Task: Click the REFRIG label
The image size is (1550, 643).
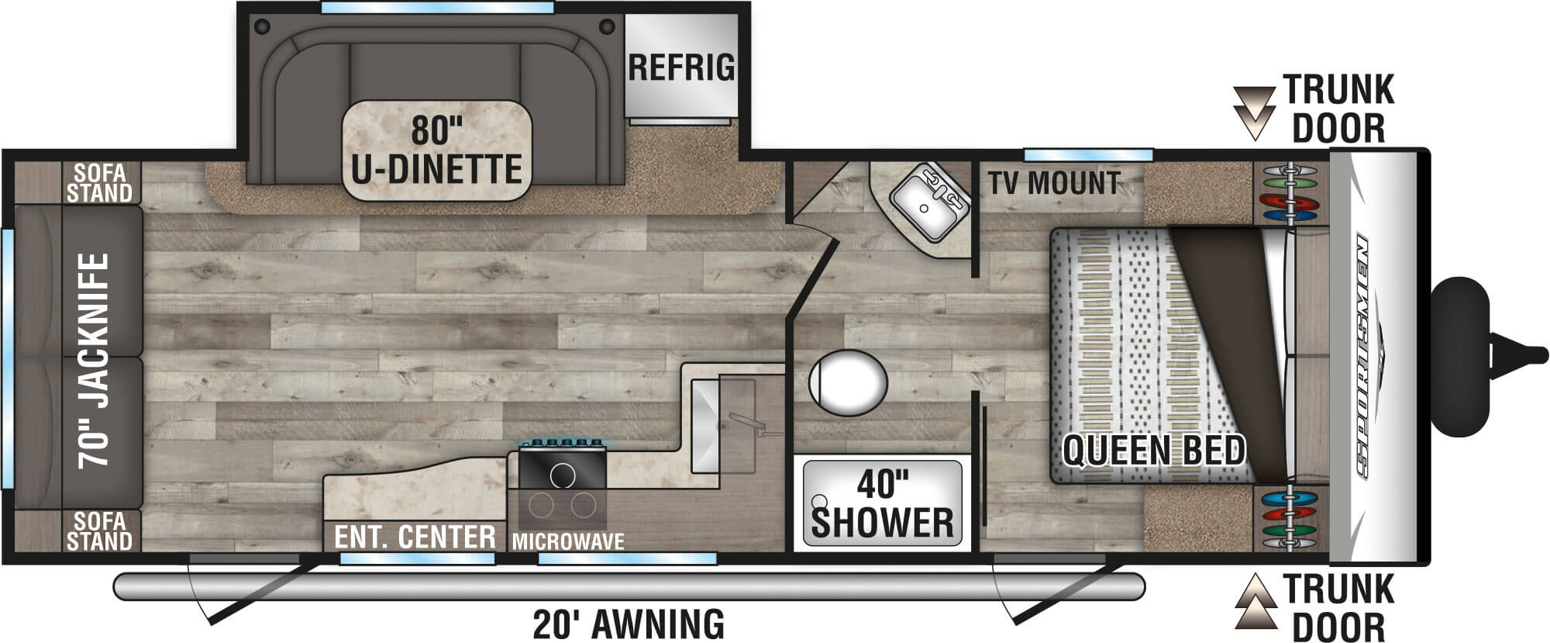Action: coord(680,67)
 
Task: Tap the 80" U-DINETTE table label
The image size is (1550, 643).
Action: coord(437,150)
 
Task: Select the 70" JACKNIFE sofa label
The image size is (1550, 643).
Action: coord(93,359)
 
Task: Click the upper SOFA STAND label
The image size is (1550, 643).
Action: coord(98,182)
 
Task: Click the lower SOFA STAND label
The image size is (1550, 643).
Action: coord(98,531)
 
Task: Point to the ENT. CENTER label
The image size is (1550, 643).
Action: coord(415,537)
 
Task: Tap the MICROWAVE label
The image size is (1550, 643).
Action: coord(568,541)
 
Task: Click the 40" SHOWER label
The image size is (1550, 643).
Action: coord(882,505)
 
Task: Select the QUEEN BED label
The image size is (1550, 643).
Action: coord(1153,451)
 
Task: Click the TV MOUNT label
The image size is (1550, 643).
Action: coord(1054,183)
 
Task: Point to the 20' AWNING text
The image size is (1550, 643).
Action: coord(629,624)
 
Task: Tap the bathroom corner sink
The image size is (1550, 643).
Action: coord(929,199)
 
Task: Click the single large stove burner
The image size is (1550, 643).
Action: coord(563,474)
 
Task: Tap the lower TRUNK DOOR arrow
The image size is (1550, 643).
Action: coord(1255,601)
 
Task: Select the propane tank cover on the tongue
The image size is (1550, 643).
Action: coord(1461,356)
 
